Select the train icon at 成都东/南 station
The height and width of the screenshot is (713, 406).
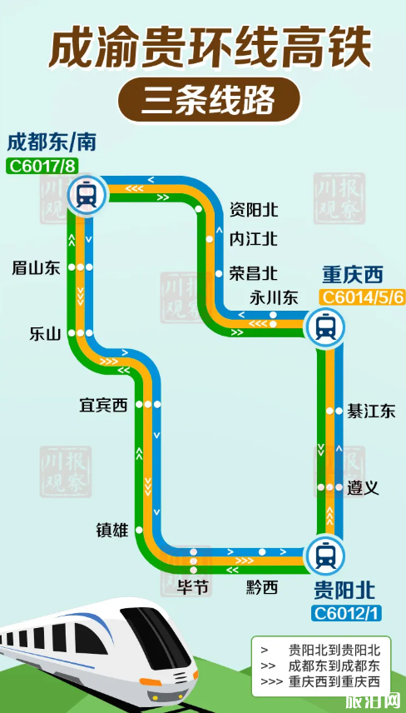[x=85, y=195]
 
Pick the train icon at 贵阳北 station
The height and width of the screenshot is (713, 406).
[x=324, y=554]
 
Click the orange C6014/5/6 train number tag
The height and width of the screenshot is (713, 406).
[x=364, y=297]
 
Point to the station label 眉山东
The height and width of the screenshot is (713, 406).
[x=37, y=267]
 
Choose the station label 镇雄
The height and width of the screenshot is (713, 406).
[x=112, y=529]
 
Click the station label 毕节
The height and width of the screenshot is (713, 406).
[x=193, y=588]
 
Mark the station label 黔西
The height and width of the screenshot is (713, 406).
[x=262, y=588]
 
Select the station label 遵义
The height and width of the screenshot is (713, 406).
[x=364, y=488]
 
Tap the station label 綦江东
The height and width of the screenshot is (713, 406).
[x=371, y=411]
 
